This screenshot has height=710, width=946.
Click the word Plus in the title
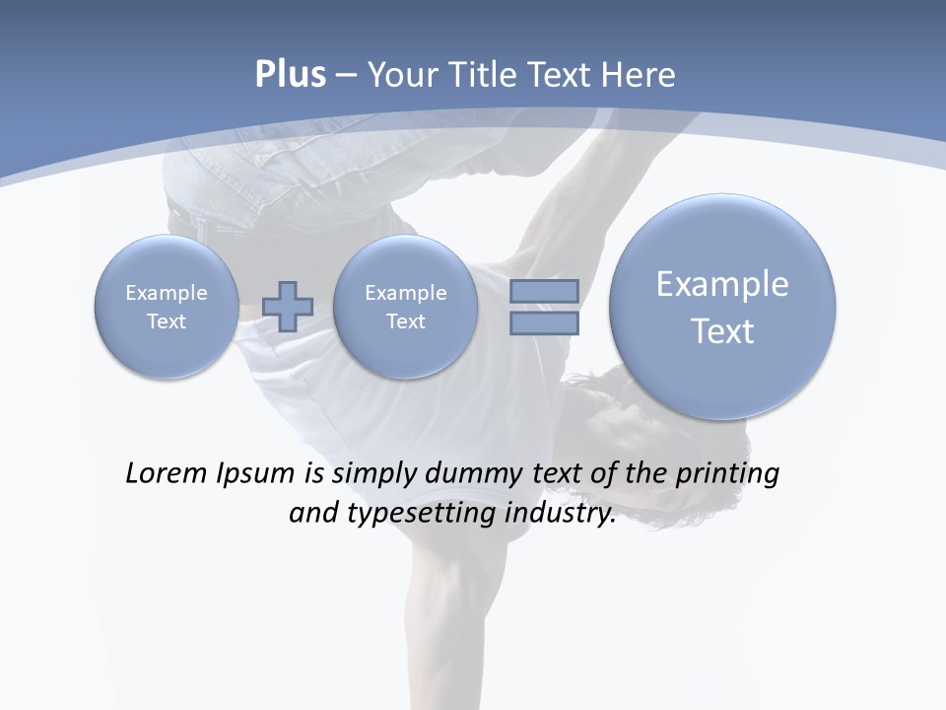(x=290, y=75)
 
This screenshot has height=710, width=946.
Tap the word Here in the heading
(x=640, y=75)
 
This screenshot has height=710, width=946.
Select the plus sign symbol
(x=288, y=306)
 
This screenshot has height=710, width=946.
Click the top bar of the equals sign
(x=544, y=291)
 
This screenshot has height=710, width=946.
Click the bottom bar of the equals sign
(x=544, y=322)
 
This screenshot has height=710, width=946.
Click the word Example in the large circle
(x=722, y=284)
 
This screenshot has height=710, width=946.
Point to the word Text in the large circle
(x=722, y=331)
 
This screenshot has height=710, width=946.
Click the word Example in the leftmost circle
(x=166, y=293)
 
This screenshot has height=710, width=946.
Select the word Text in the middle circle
(x=405, y=321)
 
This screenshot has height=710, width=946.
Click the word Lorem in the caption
(x=165, y=474)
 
